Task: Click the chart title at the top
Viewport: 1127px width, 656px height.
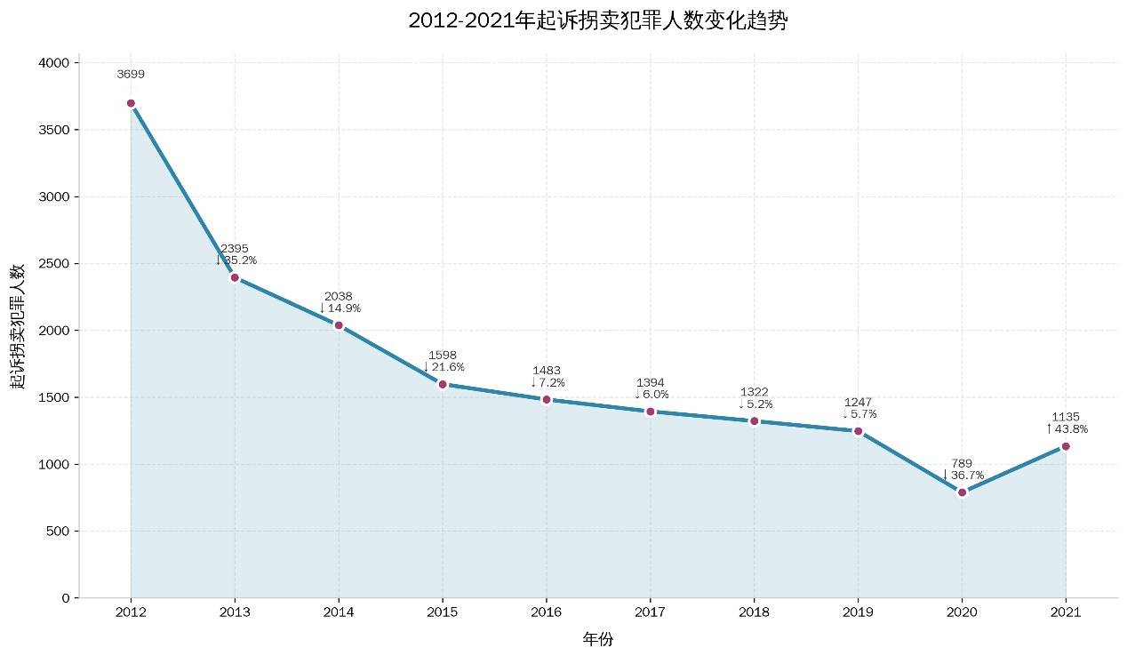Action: [x=597, y=21]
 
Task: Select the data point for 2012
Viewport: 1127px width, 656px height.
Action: [x=131, y=103]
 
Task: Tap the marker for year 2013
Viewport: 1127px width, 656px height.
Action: [x=235, y=277]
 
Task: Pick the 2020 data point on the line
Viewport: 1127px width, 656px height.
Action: [x=962, y=492]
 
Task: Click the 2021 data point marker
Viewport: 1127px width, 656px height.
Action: [x=1066, y=446]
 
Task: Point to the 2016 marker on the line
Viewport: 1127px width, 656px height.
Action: [x=547, y=399]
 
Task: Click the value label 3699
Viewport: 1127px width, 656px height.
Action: [x=131, y=75]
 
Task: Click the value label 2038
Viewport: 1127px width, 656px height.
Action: [x=339, y=296]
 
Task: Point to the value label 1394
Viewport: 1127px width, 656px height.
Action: [x=651, y=383]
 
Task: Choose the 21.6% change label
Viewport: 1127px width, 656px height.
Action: [x=444, y=367]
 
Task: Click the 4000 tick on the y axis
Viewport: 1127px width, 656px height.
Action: [x=54, y=63]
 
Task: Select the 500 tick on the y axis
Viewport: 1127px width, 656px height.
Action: [x=58, y=532]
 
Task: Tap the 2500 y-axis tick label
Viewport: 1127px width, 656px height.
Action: [x=54, y=264]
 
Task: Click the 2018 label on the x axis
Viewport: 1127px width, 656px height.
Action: [x=754, y=613]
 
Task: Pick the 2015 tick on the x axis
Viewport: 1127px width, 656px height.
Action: [x=443, y=613]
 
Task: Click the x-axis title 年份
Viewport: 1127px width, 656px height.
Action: [x=597, y=639]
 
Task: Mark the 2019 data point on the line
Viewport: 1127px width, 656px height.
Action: [x=858, y=431]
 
